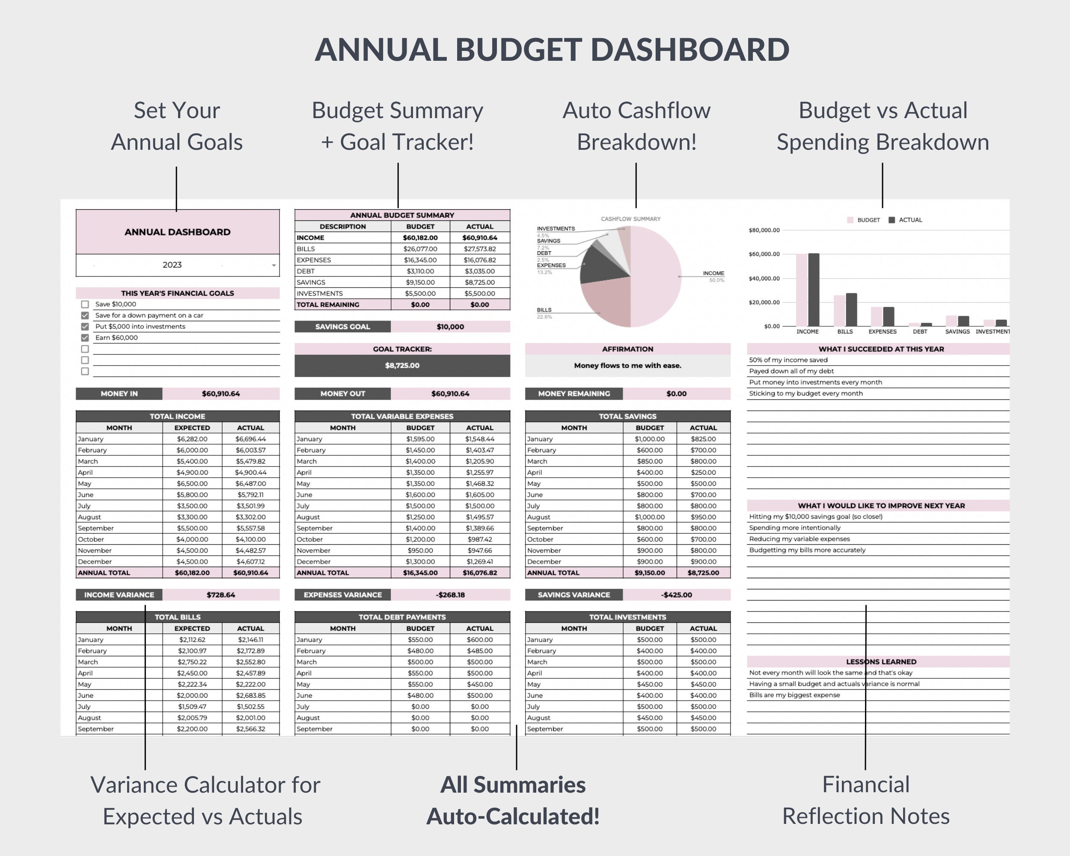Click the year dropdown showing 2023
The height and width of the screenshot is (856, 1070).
177,265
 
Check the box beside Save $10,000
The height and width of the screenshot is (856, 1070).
85,304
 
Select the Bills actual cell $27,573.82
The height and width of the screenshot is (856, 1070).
479,249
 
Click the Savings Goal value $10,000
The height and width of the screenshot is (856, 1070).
450,327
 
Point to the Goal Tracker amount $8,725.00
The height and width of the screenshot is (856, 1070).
402,366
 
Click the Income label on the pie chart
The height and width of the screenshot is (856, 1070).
713,273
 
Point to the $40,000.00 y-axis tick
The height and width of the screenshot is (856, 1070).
764,278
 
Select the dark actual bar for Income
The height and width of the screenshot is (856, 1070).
814,290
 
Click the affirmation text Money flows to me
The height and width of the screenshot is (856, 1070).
627,366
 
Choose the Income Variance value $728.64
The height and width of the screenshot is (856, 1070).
220,595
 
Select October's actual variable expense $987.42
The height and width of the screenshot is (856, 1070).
479,539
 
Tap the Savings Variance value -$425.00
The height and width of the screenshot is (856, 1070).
676,595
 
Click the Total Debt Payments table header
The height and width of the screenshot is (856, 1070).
402,617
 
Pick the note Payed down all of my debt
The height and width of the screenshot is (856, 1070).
791,371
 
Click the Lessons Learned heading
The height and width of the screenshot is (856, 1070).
881,662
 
